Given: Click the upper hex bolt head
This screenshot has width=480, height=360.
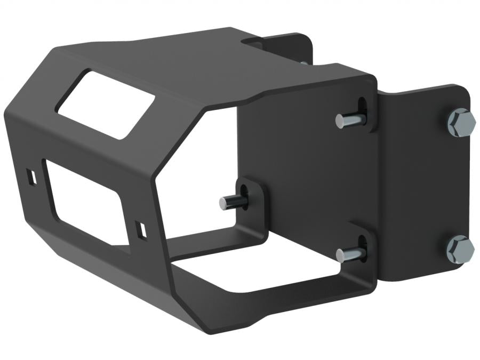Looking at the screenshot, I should [x=462, y=123].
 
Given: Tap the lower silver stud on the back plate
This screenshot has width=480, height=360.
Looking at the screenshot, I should [x=350, y=254].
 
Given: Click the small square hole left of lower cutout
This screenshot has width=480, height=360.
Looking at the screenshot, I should [x=30, y=177].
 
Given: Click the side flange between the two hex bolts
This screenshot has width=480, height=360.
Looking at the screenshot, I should [x=421, y=187].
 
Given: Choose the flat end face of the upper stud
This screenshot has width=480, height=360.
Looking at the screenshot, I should [x=340, y=122].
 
